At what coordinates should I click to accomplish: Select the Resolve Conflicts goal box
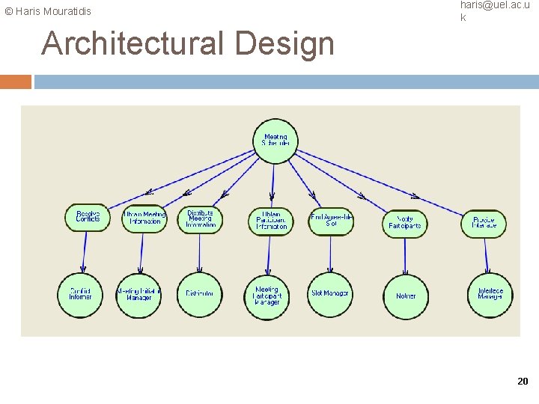[x=87, y=217]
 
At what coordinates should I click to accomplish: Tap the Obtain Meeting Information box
[x=144, y=218]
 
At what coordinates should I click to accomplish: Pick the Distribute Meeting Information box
[x=201, y=218]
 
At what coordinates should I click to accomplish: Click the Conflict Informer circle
[x=80, y=294]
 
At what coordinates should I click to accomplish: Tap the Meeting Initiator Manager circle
[x=139, y=295]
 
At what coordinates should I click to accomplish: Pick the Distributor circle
[x=199, y=294]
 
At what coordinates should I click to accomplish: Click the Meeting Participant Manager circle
[x=267, y=296]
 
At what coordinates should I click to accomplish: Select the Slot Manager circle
[x=330, y=294]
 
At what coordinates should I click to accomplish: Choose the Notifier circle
[x=406, y=296]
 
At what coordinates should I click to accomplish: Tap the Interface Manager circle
[x=490, y=295]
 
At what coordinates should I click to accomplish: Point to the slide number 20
[x=523, y=382]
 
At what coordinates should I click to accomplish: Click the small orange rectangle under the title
[x=16, y=82]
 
